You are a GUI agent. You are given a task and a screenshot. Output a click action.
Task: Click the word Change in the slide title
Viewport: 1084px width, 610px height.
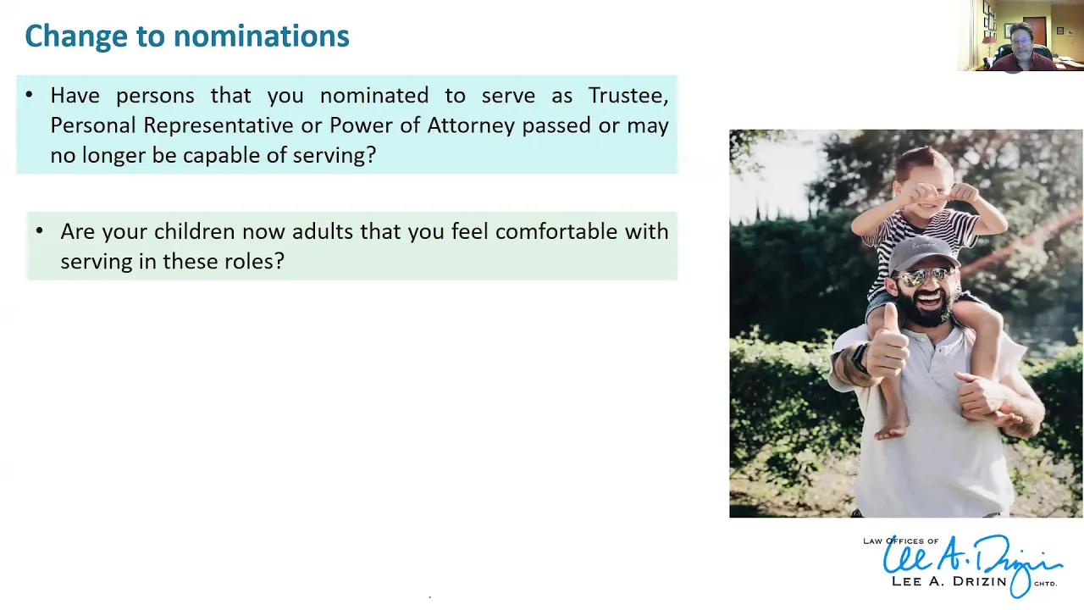coord(76,36)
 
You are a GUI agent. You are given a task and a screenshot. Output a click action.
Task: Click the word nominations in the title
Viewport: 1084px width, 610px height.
coord(262,36)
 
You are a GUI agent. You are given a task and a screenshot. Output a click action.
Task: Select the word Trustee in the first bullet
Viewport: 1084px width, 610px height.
coord(628,96)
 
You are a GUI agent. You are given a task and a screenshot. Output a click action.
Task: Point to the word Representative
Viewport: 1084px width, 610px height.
coord(218,126)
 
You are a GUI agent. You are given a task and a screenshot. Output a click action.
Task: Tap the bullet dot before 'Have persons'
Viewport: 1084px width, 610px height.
coord(30,95)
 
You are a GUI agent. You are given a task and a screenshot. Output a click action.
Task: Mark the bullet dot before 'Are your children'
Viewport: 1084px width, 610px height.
coord(40,231)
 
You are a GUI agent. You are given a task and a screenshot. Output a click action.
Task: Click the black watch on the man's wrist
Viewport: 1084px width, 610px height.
coord(860,358)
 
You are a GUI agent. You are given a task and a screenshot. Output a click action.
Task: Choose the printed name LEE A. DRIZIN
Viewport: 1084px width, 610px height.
coord(949,581)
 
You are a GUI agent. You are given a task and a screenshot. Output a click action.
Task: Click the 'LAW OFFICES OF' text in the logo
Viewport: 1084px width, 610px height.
coord(900,541)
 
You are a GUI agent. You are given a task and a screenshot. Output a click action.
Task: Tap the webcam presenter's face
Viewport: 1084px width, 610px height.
coord(1020,41)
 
